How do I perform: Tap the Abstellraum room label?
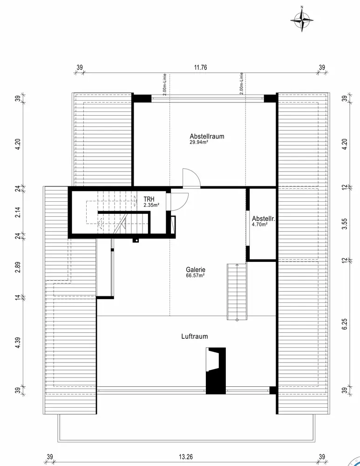[207, 137]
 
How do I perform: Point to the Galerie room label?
[196, 269]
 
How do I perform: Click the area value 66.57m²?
[195, 275]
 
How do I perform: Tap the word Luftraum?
[195, 336]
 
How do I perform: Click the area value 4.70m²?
[259, 224]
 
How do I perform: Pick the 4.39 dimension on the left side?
[17, 343]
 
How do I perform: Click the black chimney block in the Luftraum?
[216, 373]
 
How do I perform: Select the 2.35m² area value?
[151, 205]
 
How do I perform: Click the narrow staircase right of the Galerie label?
[236, 292]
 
